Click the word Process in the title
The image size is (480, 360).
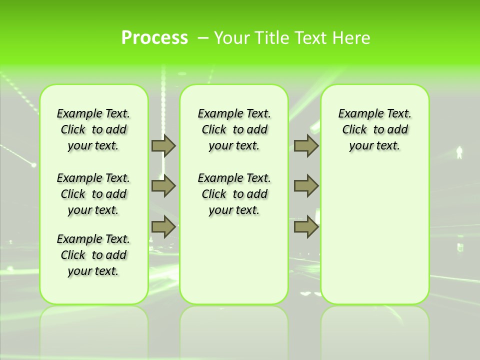(x=154, y=38)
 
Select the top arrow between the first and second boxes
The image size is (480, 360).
(x=163, y=145)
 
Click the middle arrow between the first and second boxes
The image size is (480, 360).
(x=163, y=186)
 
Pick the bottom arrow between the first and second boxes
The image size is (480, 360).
(x=163, y=227)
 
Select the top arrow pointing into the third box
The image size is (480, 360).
(x=306, y=145)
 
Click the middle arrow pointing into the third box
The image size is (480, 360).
(x=306, y=186)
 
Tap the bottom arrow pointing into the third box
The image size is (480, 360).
(x=306, y=227)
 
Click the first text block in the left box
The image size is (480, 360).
(x=93, y=129)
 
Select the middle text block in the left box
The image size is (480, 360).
(x=93, y=194)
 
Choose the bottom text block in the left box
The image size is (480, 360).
(x=93, y=255)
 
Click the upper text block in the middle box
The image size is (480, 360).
(x=234, y=129)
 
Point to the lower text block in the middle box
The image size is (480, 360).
(x=234, y=194)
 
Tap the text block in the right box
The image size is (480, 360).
(x=375, y=129)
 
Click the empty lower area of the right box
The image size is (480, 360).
(x=375, y=235)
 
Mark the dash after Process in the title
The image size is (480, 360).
(x=202, y=38)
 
